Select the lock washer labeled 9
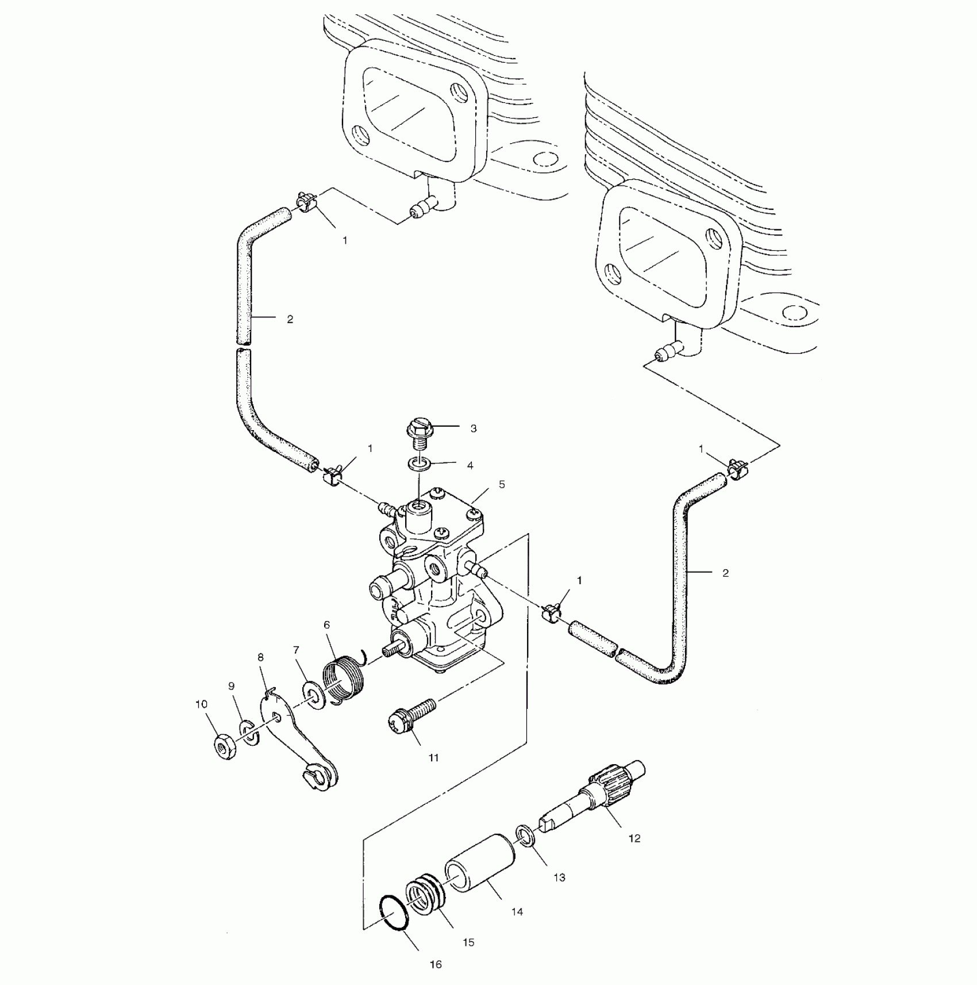249,731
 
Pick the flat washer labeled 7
313,696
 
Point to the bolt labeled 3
417,432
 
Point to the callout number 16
436,964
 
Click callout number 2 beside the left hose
290,319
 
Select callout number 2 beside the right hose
725,573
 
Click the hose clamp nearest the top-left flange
306,201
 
